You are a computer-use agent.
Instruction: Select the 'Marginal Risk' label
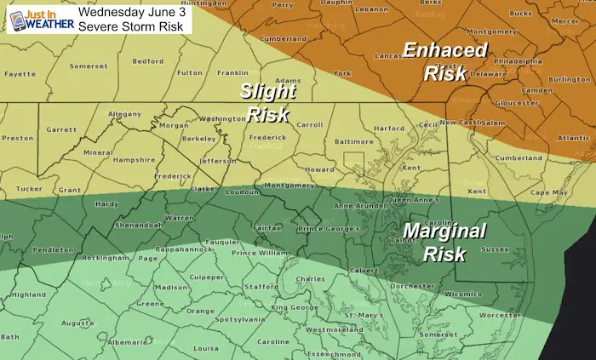pos(444,242)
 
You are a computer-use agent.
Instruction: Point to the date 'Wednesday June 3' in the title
pos(140,11)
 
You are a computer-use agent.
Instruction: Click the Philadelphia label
pos(515,61)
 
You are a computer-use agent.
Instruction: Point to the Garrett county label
pos(61,129)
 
